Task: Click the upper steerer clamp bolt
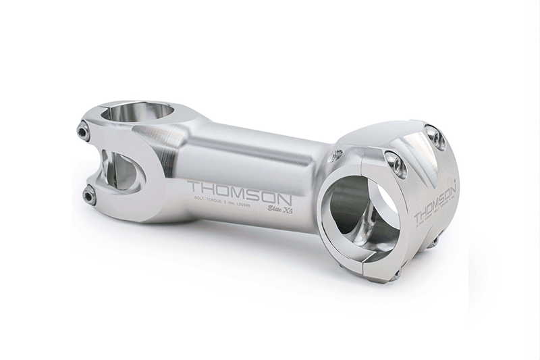pyautogui.click(x=84, y=131)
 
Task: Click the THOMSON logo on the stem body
pyautogui.click(x=239, y=190)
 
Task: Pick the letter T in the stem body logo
pyautogui.click(x=195, y=184)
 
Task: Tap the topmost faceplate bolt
pyautogui.click(x=437, y=139)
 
